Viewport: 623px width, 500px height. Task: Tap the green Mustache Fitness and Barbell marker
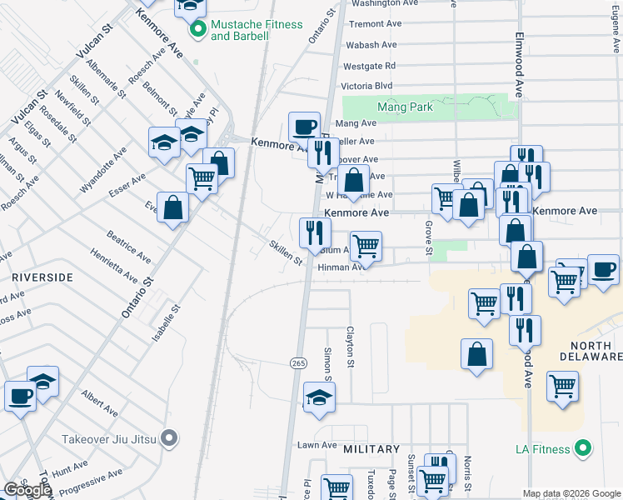click(198, 31)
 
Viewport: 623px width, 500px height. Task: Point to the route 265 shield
click(298, 363)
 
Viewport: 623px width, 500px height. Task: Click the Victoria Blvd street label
click(367, 85)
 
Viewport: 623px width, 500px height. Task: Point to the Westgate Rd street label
click(369, 65)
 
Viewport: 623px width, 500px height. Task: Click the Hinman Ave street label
click(341, 267)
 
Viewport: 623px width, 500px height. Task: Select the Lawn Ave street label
click(317, 445)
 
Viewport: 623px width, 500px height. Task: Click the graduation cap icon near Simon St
click(319, 398)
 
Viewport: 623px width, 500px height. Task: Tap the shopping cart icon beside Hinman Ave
click(366, 246)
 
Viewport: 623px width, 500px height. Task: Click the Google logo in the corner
click(27, 490)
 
